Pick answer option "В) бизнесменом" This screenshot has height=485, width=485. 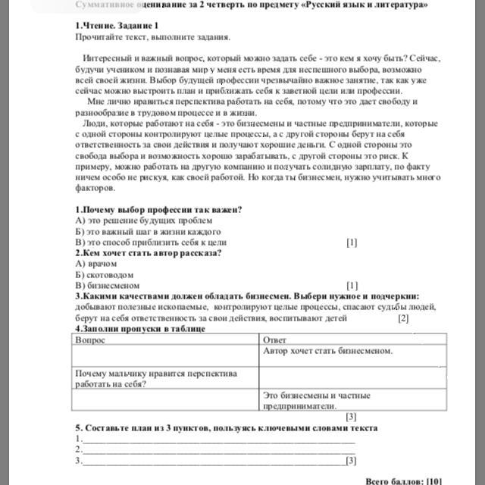click(108, 285)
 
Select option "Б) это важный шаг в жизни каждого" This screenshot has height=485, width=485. click(149, 231)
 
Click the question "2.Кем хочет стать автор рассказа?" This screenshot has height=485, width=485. click(148, 252)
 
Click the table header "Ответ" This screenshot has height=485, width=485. click(274, 340)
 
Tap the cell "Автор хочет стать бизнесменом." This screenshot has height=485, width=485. click(327, 351)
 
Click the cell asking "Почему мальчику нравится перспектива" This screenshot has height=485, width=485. click(156, 373)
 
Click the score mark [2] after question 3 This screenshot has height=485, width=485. click(403, 318)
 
